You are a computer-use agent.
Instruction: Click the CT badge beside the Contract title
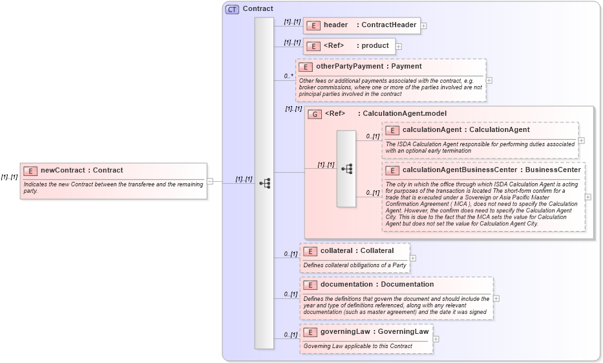tap(232, 9)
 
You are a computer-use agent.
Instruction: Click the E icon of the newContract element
tap(30, 171)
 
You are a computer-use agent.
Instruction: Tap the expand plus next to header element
tap(424, 26)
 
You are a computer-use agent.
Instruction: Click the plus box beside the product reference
tap(399, 47)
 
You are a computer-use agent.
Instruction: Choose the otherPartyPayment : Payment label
tap(368, 67)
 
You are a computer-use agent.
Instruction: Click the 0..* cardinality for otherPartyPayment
tap(288, 76)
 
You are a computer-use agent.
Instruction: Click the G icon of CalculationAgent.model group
tap(315, 114)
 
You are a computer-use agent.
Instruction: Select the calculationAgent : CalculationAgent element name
tap(465, 130)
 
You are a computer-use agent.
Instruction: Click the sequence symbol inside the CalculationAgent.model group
tap(347, 169)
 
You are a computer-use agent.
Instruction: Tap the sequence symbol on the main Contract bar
tap(264, 183)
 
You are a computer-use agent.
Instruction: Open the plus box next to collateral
tap(413, 258)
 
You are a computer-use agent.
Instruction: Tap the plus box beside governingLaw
tap(436, 339)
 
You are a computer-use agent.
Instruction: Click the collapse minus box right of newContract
tap(210, 181)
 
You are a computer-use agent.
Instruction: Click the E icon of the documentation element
tap(310, 285)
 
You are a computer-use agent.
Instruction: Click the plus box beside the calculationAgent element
tap(582, 140)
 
